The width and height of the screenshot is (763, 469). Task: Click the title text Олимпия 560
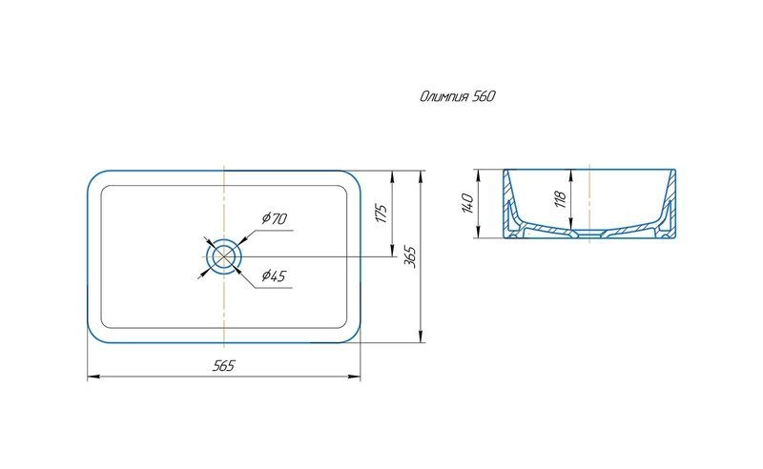click(458, 96)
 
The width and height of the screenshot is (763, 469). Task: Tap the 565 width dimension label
click(223, 366)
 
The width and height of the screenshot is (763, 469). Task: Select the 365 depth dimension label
click(410, 256)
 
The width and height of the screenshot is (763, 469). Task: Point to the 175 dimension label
click(382, 214)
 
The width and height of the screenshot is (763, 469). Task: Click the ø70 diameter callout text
click(275, 218)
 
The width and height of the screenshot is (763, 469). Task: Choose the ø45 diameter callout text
click(274, 275)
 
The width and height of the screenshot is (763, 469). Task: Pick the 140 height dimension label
click(466, 203)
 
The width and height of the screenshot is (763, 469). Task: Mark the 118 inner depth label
click(561, 199)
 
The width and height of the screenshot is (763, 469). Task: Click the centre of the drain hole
click(223, 255)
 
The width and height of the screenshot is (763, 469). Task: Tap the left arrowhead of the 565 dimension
click(91, 377)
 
